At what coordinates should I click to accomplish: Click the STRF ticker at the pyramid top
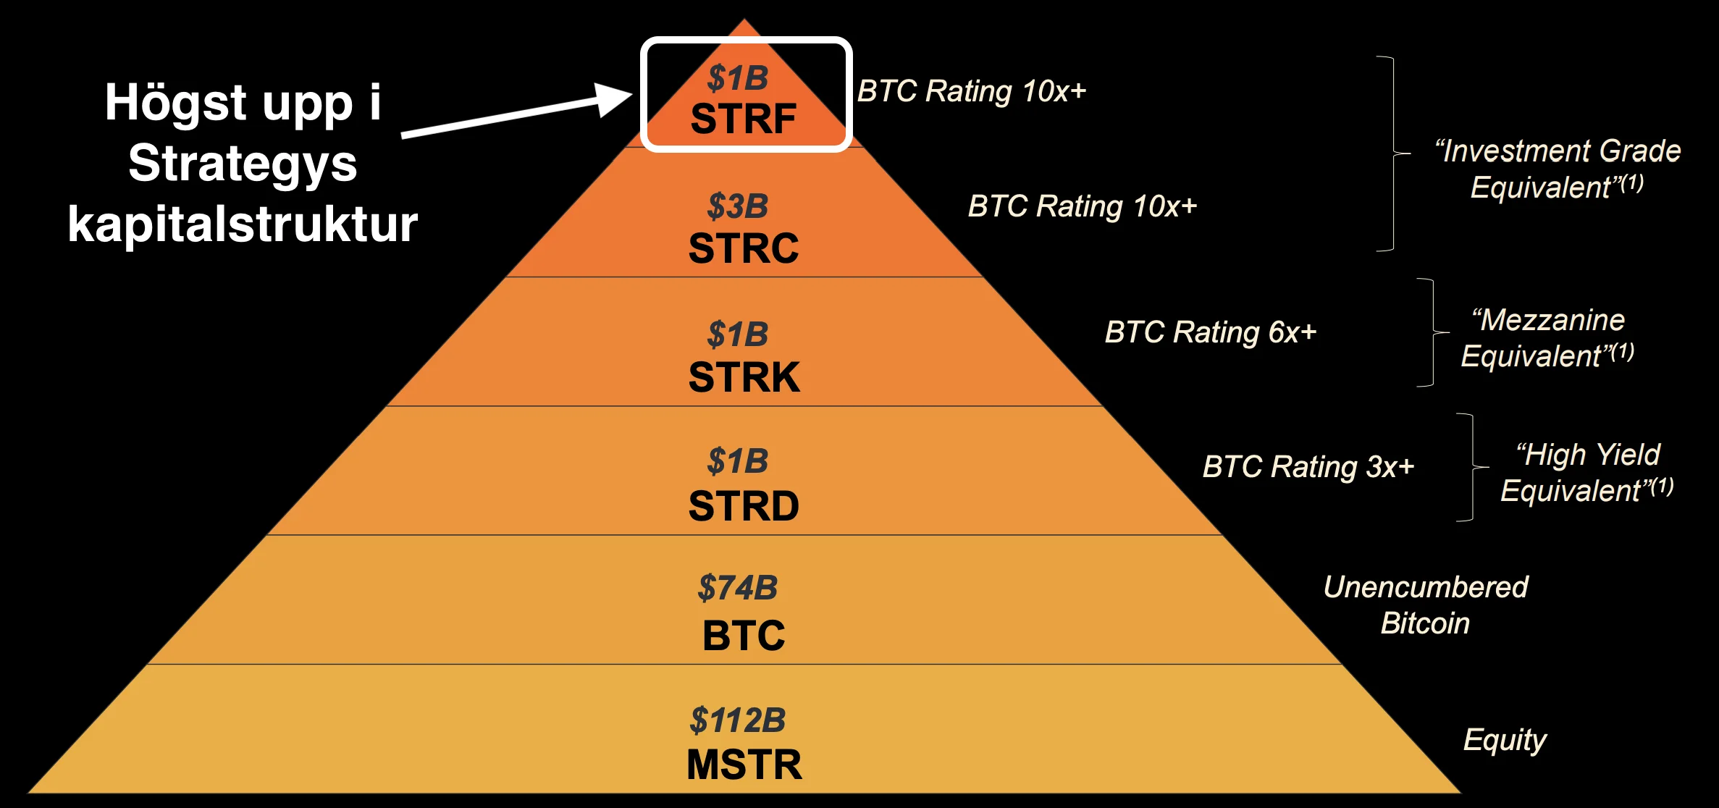point(744,119)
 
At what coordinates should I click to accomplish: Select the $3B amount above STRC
point(738,206)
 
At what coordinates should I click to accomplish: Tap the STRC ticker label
point(744,248)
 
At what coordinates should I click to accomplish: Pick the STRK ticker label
point(744,377)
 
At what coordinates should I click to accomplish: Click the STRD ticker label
point(744,505)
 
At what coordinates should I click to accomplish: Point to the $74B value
point(738,588)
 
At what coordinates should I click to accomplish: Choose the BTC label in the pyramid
point(744,636)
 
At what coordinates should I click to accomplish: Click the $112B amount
point(738,720)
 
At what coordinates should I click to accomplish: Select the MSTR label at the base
point(744,765)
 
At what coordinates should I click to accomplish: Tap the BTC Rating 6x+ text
point(1211,332)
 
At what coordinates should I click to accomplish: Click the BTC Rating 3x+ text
point(1308,467)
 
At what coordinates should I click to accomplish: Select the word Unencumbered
point(1426,587)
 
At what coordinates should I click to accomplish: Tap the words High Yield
point(1588,455)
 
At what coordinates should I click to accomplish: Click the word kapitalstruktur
point(243,224)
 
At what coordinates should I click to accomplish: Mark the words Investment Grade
point(1558,151)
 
